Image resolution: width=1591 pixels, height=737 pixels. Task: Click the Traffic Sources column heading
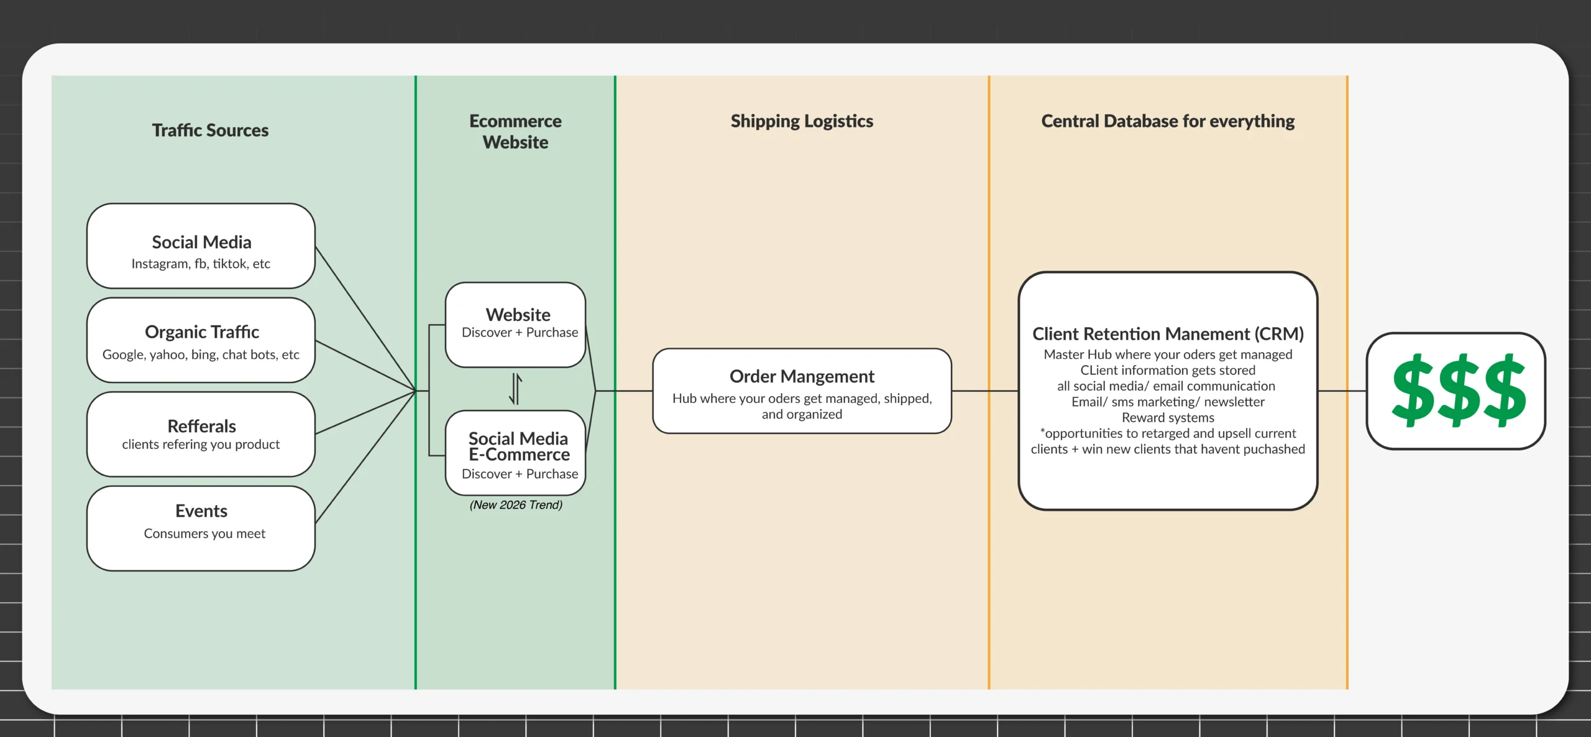coord(210,130)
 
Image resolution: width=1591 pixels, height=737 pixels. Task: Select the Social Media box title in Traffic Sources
coord(201,242)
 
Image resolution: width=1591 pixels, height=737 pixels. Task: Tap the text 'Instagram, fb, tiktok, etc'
coord(201,264)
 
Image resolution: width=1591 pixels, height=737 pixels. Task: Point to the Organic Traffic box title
coord(202,332)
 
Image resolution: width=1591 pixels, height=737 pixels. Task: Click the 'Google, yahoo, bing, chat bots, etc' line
coord(201,355)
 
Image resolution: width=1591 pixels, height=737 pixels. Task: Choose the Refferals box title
coord(201,426)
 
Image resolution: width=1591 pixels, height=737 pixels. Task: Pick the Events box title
coord(201,511)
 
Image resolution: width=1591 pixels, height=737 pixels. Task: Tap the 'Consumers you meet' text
coord(204,534)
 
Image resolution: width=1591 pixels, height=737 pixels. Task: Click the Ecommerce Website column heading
coord(515,131)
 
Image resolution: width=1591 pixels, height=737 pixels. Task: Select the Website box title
coord(518,315)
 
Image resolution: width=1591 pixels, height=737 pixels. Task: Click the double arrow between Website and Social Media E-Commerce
coord(515,389)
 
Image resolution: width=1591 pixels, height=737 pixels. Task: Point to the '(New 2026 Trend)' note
coord(516,505)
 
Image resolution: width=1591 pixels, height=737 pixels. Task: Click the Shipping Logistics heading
coord(802,121)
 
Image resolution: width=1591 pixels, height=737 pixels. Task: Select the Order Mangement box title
coord(802,376)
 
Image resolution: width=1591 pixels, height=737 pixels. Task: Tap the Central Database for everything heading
coord(1168,121)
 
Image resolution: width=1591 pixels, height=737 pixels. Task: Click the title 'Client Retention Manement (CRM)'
coord(1168,334)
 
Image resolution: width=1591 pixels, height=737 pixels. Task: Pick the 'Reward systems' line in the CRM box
coord(1168,418)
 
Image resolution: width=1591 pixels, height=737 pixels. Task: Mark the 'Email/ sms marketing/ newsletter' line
coord(1168,402)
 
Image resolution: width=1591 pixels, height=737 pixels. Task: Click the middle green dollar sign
coord(1458,391)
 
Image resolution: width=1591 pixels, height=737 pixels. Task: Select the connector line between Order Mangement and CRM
coord(984,391)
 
